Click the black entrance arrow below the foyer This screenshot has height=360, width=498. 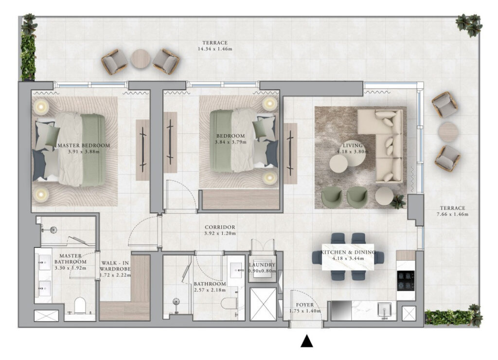[307, 341]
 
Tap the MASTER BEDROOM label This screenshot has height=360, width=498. [84, 145]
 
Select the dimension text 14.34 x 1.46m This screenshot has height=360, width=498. [215, 49]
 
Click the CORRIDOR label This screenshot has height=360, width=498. [220, 227]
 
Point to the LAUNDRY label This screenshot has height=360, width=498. [262, 265]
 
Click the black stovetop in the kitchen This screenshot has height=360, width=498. [406, 281]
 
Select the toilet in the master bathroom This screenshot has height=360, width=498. [80, 306]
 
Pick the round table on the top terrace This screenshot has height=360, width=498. [141, 59]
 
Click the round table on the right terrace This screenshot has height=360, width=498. [448, 132]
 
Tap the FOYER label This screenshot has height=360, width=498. [305, 305]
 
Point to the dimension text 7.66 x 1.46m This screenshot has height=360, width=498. [453, 214]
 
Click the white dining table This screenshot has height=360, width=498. [348, 257]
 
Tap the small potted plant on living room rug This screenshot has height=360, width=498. [398, 201]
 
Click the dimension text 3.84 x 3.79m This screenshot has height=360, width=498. [231, 142]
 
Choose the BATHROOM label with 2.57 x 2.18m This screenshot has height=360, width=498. [210, 284]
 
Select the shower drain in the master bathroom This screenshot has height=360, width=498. [53, 230]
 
